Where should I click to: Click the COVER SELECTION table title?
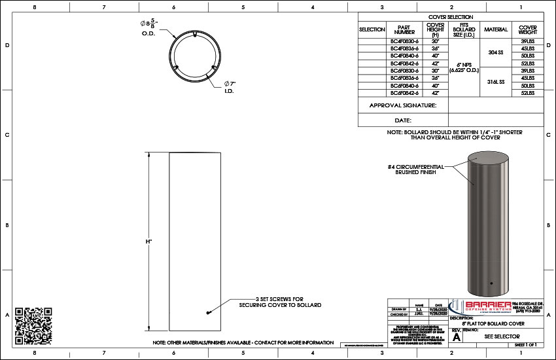tap(451, 17)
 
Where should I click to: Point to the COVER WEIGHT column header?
tap(527, 29)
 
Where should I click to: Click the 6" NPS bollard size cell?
tap(464, 67)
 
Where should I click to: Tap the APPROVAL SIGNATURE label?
tap(403, 105)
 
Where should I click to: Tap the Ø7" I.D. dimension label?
tap(229, 87)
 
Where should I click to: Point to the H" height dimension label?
tap(149, 242)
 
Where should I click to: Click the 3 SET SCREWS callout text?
tap(280, 302)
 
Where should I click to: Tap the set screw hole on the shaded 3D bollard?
tap(491, 284)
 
